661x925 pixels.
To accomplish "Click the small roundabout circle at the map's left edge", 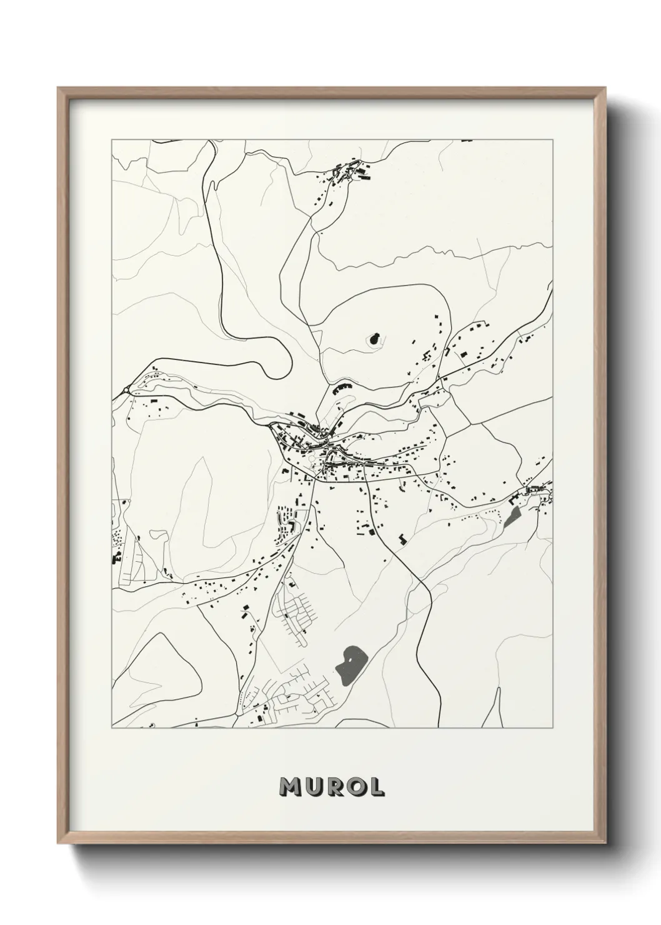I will (x=126, y=389).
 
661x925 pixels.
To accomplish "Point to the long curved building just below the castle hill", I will (x=343, y=387).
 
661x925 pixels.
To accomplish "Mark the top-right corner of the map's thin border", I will (x=552, y=139).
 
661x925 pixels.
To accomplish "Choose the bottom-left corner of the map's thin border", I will (x=112, y=728).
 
